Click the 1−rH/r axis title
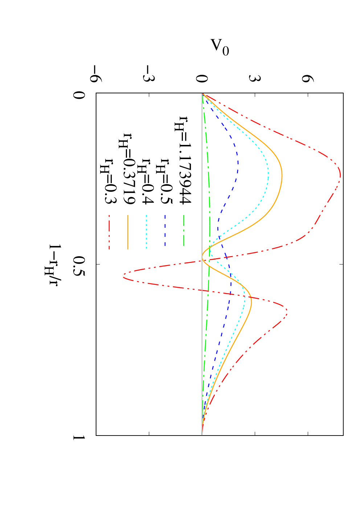point(53,265)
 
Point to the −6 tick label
point(96,74)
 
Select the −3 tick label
point(149,74)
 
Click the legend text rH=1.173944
point(183,159)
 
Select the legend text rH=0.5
point(164,181)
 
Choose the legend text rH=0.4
point(146,181)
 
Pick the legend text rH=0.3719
point(127,168)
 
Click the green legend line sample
point(184,230)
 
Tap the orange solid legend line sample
point(128,232)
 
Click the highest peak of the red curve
point(340,176)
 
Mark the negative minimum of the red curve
point(123,278)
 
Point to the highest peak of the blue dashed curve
point(238,163)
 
